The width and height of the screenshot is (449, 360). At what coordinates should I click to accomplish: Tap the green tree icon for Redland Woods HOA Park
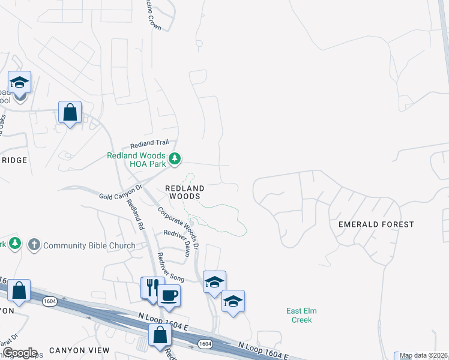click(175, 159)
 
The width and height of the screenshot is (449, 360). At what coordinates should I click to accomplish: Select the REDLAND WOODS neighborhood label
click(184, 192)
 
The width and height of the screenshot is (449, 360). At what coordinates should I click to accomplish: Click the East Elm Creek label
click(301, 315)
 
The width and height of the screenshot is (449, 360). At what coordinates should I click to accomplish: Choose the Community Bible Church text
click(89, 245)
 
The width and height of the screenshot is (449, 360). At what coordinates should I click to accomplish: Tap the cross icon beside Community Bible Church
click(34, 245)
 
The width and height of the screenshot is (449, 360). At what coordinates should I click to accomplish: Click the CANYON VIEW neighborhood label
click(79, 350)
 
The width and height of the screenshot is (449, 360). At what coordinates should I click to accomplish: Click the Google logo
click(19, 353)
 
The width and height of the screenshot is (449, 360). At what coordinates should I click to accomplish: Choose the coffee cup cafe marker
click(169, 295)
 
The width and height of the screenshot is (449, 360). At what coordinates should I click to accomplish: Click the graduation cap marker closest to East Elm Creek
click(233, 301)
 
